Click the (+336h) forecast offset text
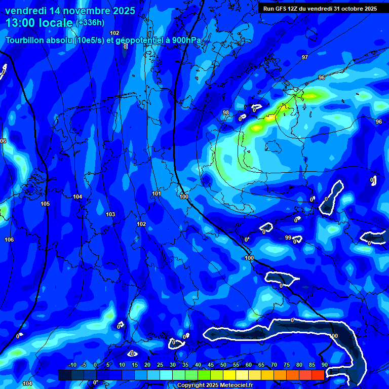click(x=90, y=22)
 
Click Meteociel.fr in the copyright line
click(x=241, y=385)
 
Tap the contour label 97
click(x=304, y=57)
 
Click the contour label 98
click(x=226, y=112)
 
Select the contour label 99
click(x=288, y=238)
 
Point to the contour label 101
click(x=157, y=193)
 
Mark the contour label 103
click(x=110, y=214)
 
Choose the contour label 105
click(x=45, y=204)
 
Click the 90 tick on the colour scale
click(x=324, y=365)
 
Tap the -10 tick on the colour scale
click(x=72, y=365)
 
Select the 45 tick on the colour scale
click(x=211, y=365)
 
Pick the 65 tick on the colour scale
click(x=261, y=365)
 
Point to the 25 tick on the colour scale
click(x=160, y=365)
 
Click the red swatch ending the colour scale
click(x=318, y=375)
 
